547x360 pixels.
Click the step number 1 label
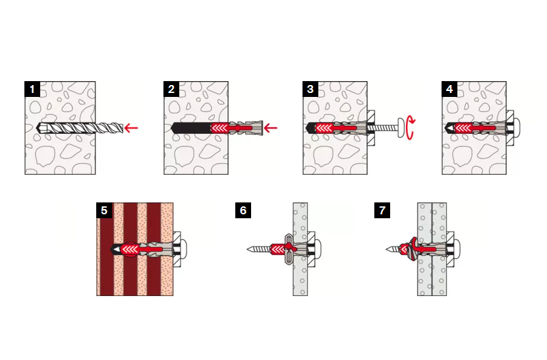click(32, 89)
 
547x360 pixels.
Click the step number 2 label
click(171, 89)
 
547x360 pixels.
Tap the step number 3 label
click(310, 89)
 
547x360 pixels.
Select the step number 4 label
click(449, 89)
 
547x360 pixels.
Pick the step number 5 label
click(104, 210)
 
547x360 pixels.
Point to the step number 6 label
click(243, 210)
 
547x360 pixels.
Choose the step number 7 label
click(382, 210)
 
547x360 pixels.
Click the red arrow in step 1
click(131, 128)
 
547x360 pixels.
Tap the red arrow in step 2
click(270, 128)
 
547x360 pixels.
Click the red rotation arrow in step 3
click(411, 129)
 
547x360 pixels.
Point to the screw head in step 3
click(402, 128)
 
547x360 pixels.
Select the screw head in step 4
click(517, 128)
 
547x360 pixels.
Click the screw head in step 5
click(184, 249)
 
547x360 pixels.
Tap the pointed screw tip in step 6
click(247, 249)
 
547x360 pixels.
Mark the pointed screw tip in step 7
click(387, 249)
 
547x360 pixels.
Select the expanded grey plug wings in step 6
click(289, 249)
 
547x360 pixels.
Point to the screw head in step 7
click(457, 249)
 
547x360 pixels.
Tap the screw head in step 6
click(318, 249)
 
